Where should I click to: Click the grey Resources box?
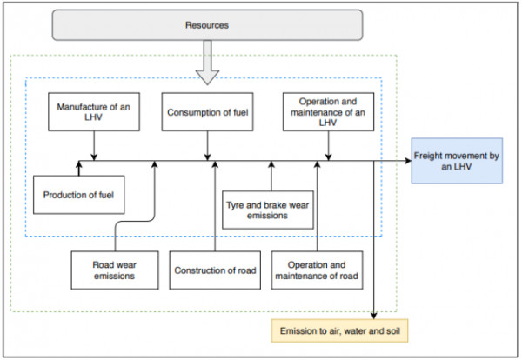207,25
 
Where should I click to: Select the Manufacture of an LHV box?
94,112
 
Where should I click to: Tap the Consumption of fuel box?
207,112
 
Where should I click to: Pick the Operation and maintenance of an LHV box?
328,112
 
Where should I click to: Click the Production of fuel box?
79,195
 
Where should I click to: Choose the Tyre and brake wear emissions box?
268,210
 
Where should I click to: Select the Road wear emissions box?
115,270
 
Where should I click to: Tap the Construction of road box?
215,270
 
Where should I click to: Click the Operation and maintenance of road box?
317,270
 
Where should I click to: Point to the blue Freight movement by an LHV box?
457,161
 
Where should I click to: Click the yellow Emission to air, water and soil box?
339,330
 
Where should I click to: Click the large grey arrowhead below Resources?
207,77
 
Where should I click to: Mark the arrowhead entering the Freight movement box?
408,161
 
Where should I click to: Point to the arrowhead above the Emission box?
374,316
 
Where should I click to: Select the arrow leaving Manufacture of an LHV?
94,146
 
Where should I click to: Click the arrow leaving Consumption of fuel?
207,146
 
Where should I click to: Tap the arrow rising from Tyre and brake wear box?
271,176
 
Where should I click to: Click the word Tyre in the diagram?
235,205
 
